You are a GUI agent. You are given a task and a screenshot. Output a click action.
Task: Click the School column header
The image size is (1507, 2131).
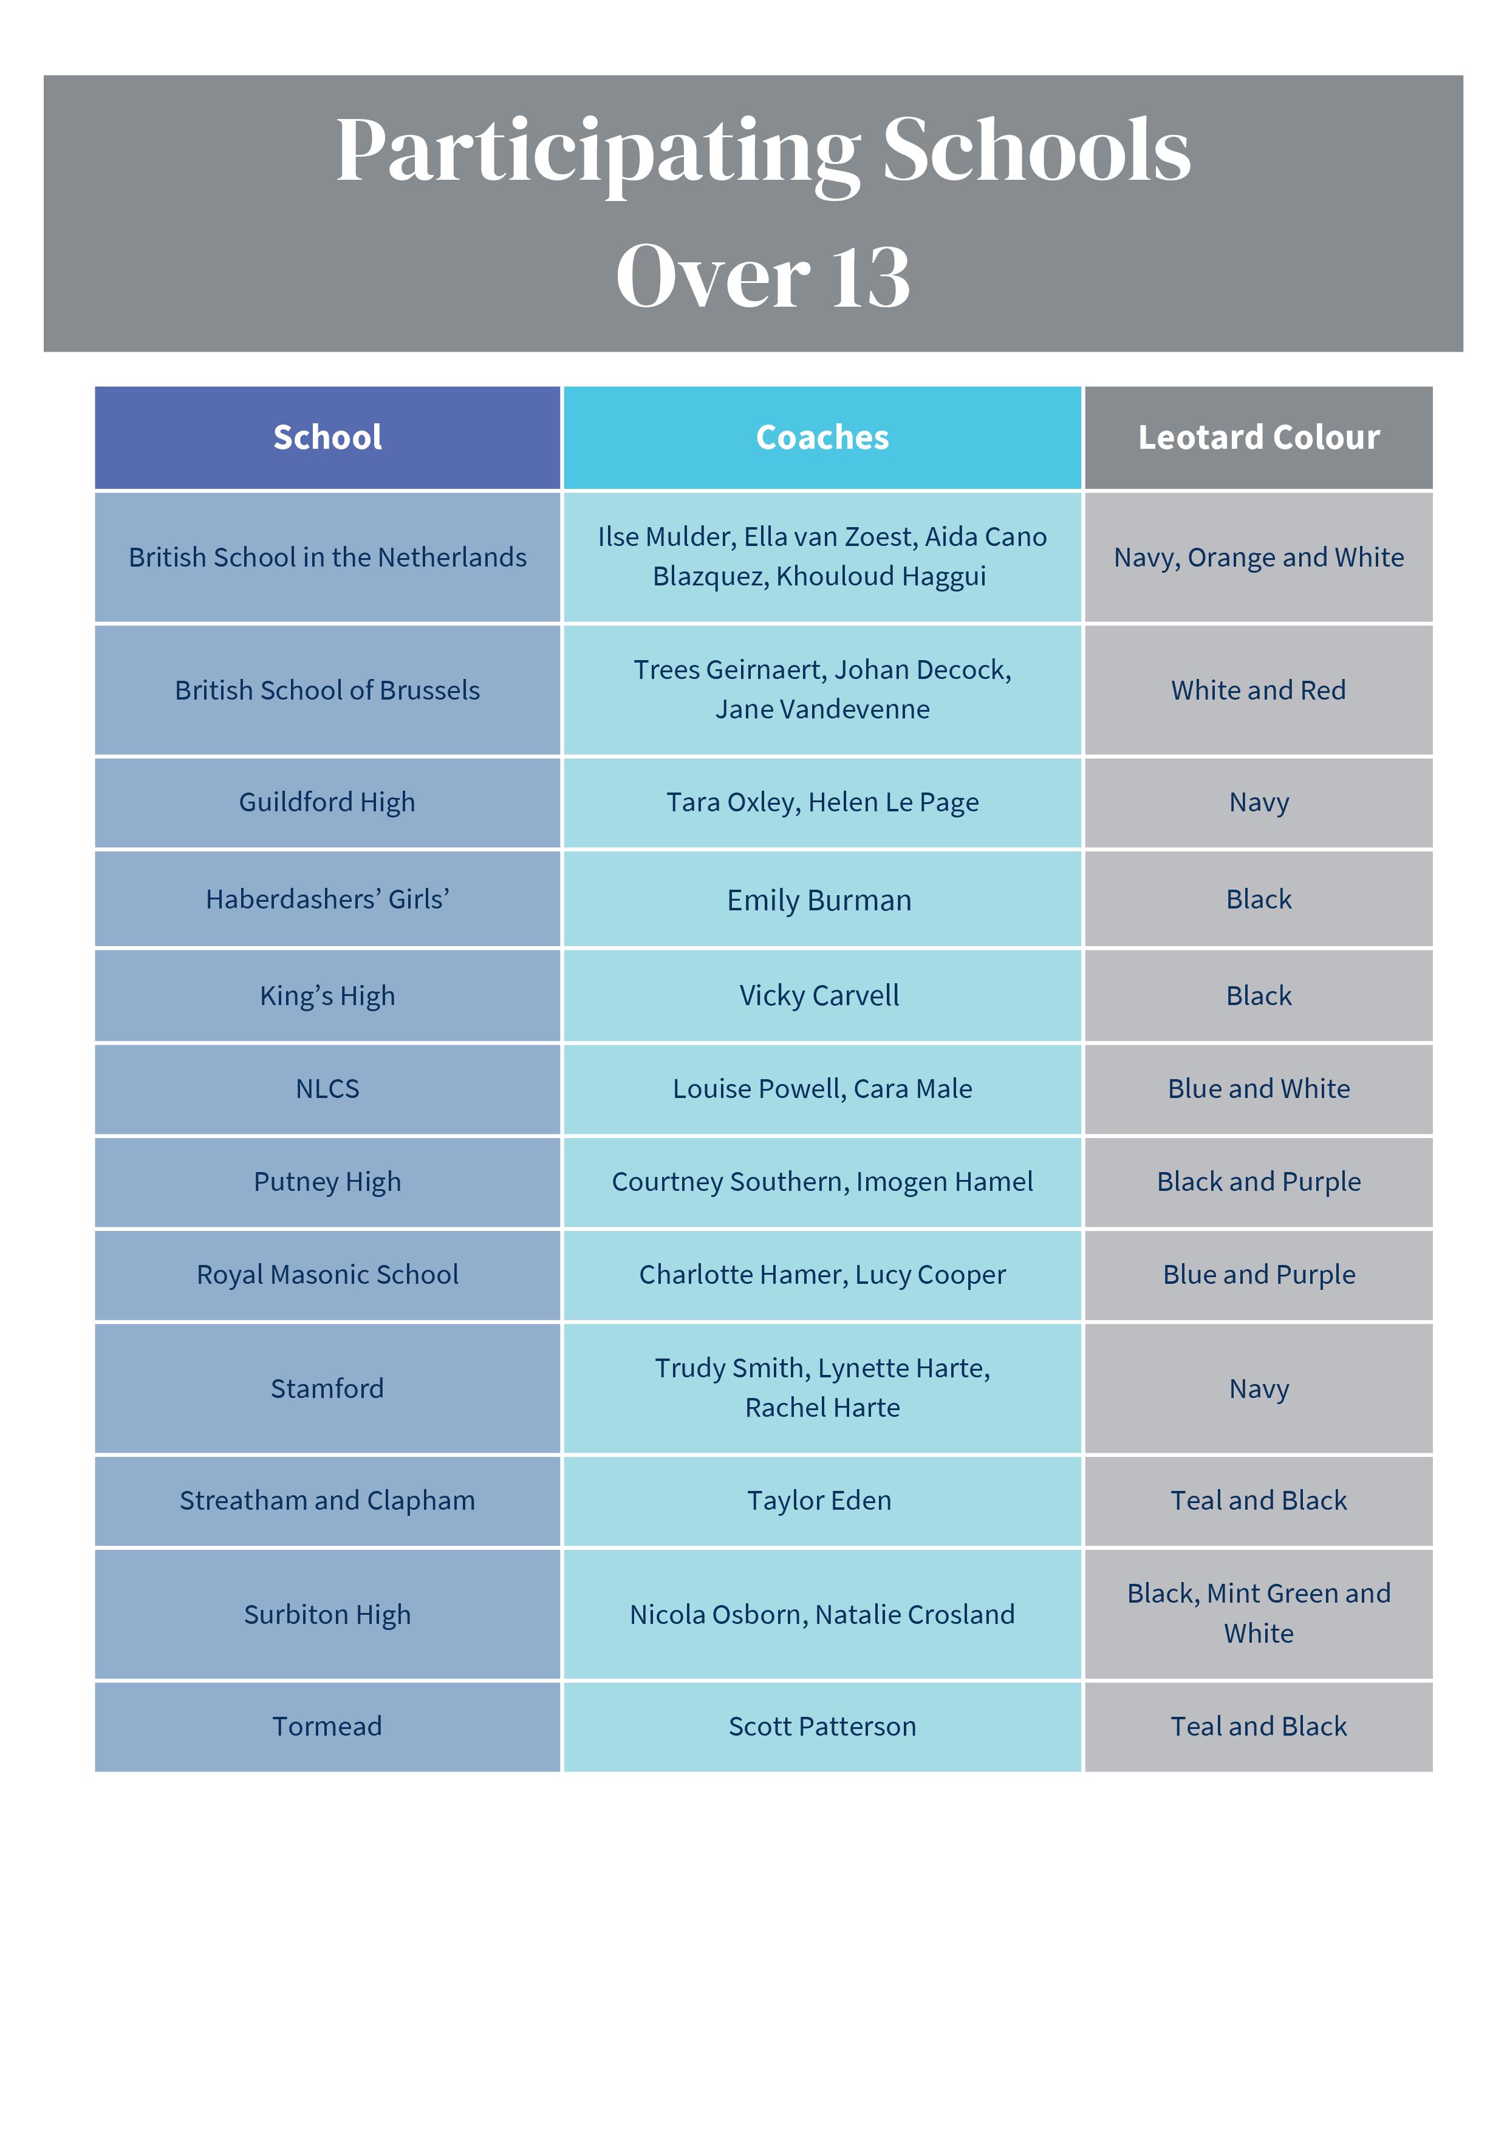point(327,437)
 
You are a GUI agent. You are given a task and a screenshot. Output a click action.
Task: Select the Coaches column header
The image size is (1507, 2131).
point(822,437)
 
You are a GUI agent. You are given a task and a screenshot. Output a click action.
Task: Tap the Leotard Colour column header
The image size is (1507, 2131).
point(1258,437)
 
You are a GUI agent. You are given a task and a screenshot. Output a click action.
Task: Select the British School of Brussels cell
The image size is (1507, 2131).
point(327,690)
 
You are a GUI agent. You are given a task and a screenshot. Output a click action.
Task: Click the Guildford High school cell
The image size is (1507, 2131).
point(327,802)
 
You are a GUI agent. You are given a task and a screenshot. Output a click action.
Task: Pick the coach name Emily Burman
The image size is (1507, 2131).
point(819,900)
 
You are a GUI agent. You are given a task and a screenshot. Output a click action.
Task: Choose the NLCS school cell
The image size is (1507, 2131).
point(327,1089)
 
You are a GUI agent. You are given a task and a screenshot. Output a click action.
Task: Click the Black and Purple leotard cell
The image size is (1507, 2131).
point(1258,1182)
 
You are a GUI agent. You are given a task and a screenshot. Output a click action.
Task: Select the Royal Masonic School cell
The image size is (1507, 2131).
point(327,1274)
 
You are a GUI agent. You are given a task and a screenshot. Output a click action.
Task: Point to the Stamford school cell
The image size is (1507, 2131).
point(327,1388)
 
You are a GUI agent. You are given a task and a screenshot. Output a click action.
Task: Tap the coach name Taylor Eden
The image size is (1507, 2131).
point(819,1501)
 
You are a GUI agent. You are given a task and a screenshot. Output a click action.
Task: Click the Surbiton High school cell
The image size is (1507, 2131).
point(327,1615)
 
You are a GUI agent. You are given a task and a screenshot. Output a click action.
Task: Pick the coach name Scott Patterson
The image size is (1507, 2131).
point(822,1727)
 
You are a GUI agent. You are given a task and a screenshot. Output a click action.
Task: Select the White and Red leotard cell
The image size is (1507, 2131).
point(1258,690)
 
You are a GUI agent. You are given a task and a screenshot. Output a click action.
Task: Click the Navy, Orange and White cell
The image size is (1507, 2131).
point(1258,557)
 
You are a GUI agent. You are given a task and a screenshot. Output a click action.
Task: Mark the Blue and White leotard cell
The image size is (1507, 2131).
point(1258,1089)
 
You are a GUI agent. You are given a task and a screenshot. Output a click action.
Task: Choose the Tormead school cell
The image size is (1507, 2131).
point(327,1727)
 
